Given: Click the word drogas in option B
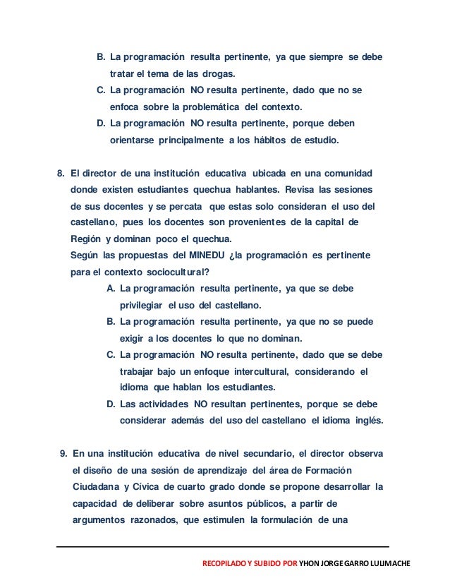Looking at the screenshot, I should tap(219, 73).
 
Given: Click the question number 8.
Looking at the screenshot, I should tap(61, 173).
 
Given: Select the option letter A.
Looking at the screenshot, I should tap(111, 289).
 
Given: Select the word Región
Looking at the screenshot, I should tap(87, 238).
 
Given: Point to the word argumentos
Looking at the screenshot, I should tap(100, 520).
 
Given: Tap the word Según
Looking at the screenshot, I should tap(85, 254).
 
